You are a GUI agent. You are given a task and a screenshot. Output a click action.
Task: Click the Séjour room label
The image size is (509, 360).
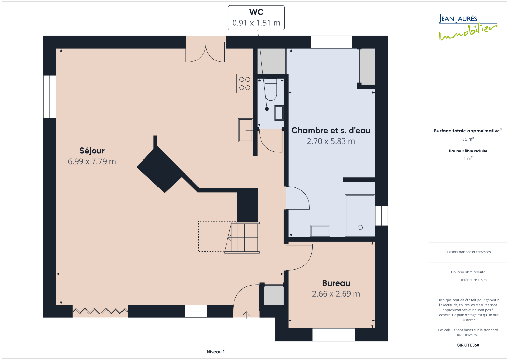click(92, 151)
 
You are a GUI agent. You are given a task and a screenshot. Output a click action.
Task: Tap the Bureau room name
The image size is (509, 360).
click(336, 283)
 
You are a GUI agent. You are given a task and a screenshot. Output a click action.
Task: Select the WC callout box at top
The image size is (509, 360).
click(256, 18)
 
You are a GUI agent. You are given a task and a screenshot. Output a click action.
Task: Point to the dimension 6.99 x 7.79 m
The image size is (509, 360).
click(92, 161)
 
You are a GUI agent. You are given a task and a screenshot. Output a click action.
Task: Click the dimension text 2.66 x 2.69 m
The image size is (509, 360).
click(336, 294)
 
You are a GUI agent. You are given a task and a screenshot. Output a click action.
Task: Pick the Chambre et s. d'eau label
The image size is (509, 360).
click(331, 131)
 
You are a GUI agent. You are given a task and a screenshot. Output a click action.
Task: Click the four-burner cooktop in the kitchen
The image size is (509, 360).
click(245, 83)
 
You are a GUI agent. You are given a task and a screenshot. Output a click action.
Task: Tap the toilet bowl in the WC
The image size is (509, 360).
click(271, 89)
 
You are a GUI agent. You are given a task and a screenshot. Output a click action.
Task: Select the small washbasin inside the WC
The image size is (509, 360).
click(279, 113)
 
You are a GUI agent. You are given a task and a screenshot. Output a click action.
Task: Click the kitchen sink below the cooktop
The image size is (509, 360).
click(245, 130)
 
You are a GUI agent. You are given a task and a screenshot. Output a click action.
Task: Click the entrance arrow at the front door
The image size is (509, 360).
click(246, 315)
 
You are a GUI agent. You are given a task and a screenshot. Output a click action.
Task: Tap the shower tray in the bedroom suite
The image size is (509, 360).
click(360, 215)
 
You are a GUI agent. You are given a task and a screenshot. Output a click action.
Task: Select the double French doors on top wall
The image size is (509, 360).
click(206, 52)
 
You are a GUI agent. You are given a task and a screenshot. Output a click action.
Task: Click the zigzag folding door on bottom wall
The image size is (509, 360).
click(100, 311)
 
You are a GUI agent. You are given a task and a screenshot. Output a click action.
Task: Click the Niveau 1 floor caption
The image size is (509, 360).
click(216, 352)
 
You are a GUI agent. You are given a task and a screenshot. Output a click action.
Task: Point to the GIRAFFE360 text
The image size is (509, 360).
click(468, 345)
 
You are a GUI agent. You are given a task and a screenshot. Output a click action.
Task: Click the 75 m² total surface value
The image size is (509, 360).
click(468, 139)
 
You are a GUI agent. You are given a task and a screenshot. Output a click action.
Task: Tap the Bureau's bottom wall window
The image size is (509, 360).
click(334, 335)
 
